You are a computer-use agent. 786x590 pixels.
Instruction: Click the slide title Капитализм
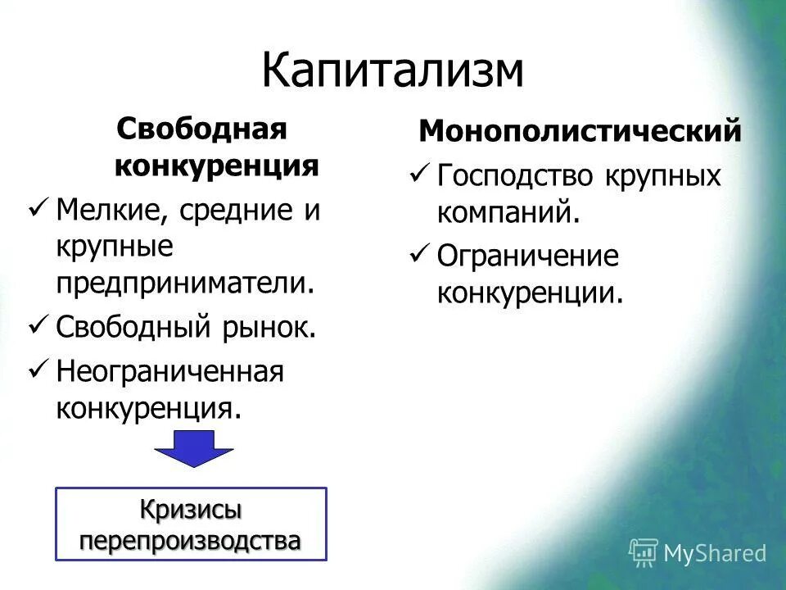coord(392,70)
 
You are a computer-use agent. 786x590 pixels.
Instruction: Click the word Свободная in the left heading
coord(201,128)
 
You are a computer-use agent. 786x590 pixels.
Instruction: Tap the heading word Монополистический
coord(580,130)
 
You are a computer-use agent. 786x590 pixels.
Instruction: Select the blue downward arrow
coord(195,448)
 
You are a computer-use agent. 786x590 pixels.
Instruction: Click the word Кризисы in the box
coord(191,510)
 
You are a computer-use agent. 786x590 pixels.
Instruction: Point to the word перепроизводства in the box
coord(191,540)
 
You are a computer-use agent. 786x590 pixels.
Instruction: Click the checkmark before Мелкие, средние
coord(38,211)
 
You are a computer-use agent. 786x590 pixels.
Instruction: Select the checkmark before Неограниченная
coord(38,370)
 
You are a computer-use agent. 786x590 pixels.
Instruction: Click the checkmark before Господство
coord(419,175)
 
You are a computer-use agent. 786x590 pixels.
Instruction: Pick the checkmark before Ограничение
coord(419,256)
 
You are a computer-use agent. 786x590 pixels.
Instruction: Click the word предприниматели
coord(185,284)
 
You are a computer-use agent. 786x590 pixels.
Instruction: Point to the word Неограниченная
coord(169,371)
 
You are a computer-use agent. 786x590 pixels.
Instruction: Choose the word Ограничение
coord(528,256)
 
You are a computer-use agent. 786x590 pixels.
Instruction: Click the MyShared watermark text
coord(715,553)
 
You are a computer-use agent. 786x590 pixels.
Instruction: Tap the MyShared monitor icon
coord(643,552)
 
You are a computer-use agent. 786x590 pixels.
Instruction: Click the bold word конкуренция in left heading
coord(216,166)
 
